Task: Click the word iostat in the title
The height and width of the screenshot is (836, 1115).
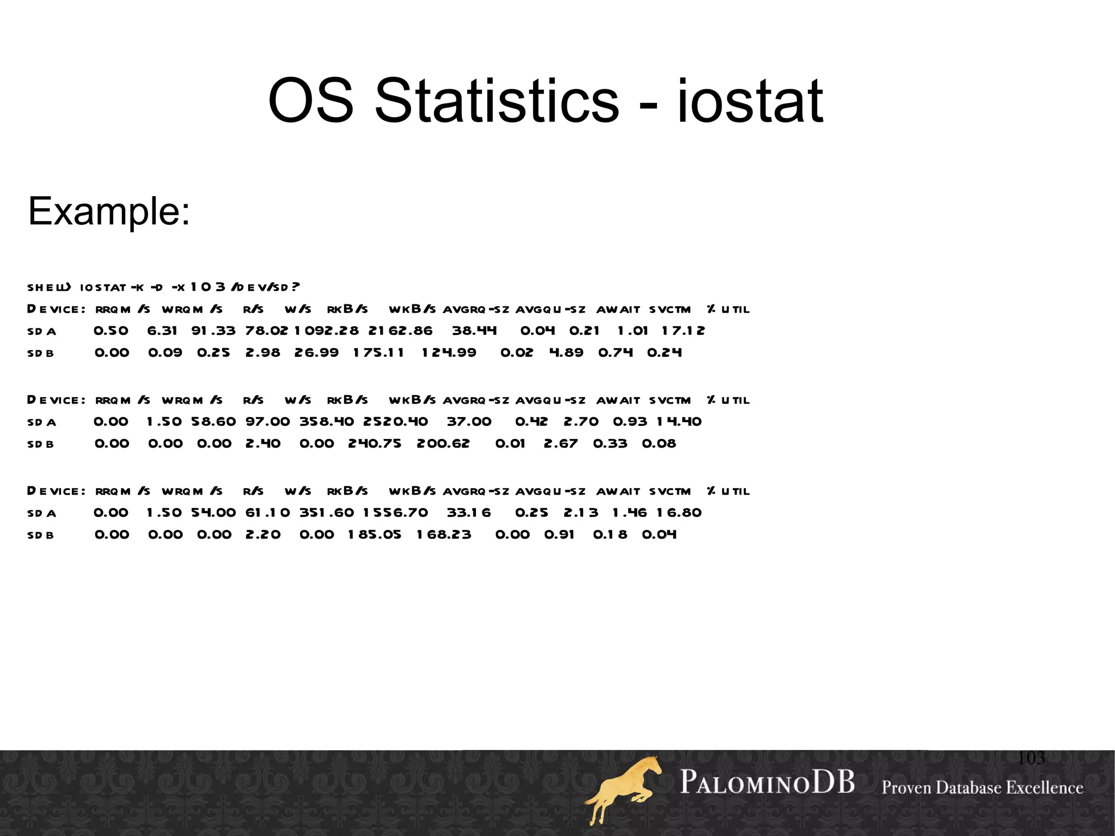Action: [x=750, y=101]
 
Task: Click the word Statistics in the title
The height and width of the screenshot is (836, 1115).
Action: [x=497, y=101]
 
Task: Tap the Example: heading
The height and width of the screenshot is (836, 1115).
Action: [x=109, y=211]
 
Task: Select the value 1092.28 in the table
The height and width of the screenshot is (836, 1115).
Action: [x=327, y=331]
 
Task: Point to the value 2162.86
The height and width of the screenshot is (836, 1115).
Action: [x=400, y=331]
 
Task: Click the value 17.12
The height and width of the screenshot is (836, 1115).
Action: [x=683, y=331]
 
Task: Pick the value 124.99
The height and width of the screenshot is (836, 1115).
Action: [x=449, y=352]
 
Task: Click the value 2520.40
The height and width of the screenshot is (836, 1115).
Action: [x=395, y=422]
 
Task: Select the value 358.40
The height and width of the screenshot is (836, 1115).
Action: [x=326, y=422]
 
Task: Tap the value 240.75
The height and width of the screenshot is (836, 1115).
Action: [x=375, y=443]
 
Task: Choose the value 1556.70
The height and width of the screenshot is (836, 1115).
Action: [x=395, y=512]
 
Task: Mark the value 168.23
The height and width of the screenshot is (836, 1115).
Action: [x=444, y=534]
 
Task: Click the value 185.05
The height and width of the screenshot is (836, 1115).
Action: [x=375, y=534]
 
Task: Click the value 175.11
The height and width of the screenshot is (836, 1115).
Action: [x=378, y=352]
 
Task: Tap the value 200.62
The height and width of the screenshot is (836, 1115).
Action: [x=443, y=443]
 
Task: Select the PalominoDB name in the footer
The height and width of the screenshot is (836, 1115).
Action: [x=767, y=782]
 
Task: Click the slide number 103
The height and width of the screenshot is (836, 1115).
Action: [x=1031, y=758]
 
